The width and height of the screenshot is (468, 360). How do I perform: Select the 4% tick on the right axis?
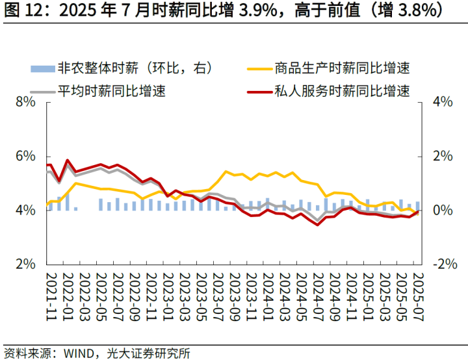click(442, 102)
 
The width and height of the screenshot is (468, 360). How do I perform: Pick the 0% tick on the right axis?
click(442, 211)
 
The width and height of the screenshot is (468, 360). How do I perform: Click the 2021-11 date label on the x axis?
click(52, 295)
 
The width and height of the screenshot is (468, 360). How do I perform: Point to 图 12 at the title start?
click(20, 11)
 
